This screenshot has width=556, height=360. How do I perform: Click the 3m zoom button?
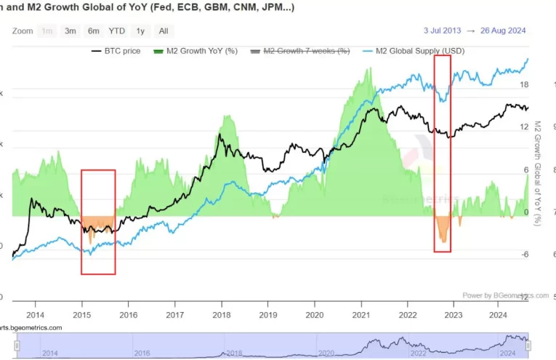point(70,31)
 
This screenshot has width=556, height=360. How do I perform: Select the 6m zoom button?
point(93,31)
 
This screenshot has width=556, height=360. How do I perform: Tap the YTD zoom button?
point(116,31)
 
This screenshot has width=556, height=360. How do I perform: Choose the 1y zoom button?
point(140,31)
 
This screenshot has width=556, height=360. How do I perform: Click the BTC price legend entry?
point(116,52)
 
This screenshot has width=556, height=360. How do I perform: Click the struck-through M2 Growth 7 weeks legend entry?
point(300,52)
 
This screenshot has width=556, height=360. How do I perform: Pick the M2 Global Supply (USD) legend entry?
point(413,52)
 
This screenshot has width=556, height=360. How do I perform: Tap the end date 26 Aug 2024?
point(501,31)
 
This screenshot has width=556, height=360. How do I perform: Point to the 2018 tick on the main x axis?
point(222,315)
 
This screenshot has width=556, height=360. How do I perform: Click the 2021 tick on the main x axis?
point(360,315)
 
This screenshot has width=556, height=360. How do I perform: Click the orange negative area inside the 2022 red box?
point(442,229)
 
